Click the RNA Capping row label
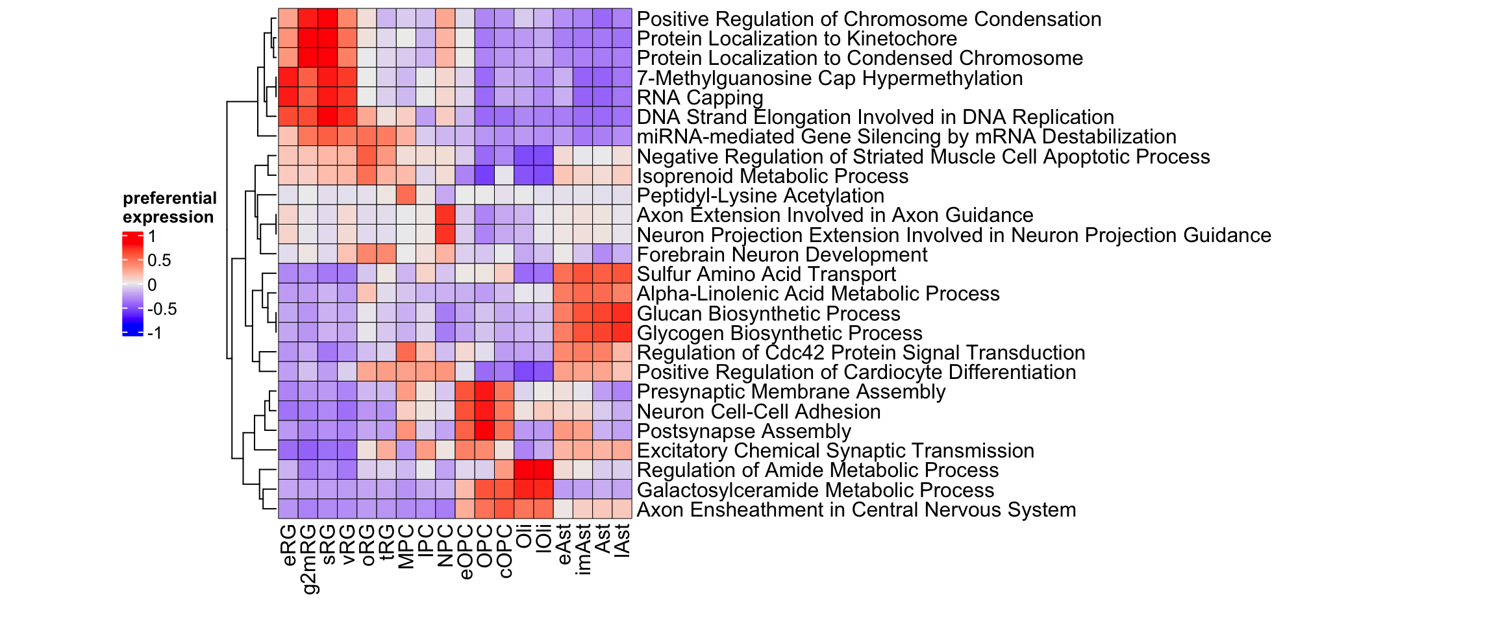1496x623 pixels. tap(700, 98)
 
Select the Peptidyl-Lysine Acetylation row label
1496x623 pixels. tap(760, 196)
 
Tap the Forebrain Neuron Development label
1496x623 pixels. tap(782, 255)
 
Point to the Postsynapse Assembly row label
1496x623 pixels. tap(743, 432)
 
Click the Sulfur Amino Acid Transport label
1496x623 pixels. tap(766, 275)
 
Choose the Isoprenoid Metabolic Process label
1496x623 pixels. tap(772, 177)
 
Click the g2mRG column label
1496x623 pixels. tap(309, 559)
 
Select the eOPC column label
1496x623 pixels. tap(466, 551)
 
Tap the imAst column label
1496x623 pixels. tap(583, 549)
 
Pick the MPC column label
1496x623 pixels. tap(406, 546)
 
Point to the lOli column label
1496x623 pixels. tap(544, 538)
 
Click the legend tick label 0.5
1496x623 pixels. tap(159, 261)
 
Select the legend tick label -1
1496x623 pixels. tap(155, 334)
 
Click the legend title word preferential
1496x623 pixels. tap(169, 199)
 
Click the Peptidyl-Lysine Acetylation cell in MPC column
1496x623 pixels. tap(406, 195)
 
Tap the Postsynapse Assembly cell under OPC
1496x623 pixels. tap(485, 431)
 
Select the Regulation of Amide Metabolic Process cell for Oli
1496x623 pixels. tap(524, 470)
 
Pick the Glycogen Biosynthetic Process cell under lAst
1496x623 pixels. tap(622, 333)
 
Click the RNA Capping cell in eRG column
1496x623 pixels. tap(288, 97)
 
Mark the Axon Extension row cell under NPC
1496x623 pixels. tap(445, 215)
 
